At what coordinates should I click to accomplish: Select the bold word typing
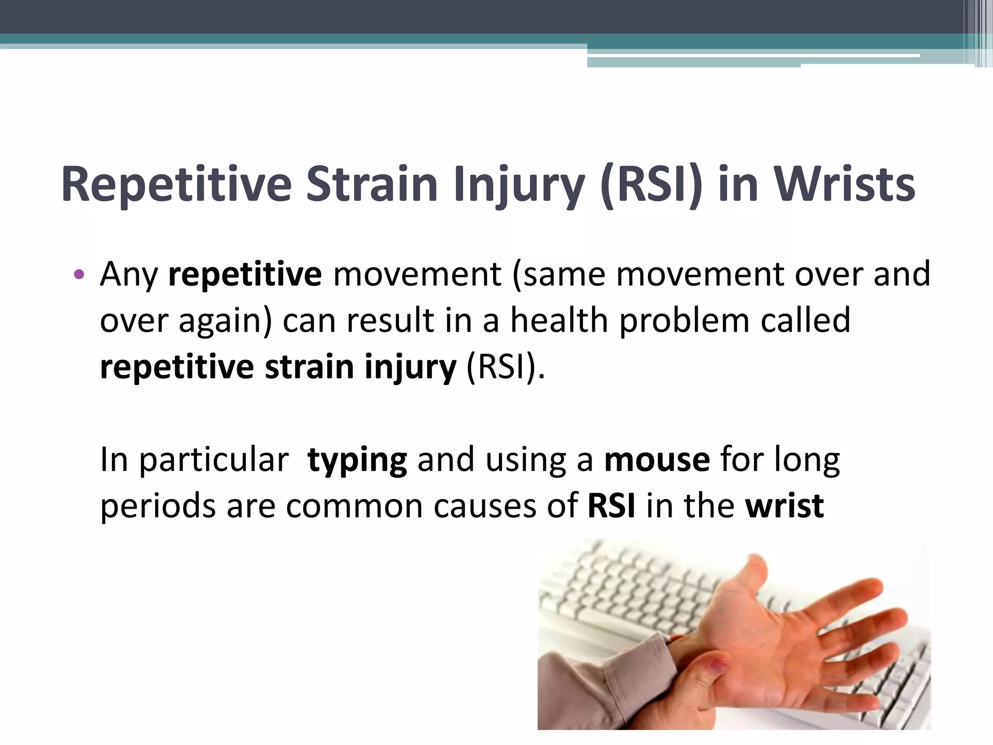coord(357,460)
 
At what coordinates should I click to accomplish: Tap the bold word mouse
coord(657,460)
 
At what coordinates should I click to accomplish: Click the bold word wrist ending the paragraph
coord(785,506)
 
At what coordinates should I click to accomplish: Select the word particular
coord(214,460)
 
